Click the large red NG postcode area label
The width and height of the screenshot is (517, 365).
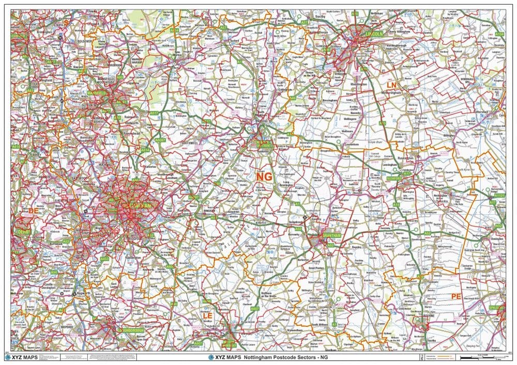coord(264,177)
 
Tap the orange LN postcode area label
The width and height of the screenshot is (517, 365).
coord(392,84)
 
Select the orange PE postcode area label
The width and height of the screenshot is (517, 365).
coord(455,296)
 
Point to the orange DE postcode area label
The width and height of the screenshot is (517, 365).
coord(34,211)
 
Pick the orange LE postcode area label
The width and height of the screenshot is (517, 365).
coord(208,315)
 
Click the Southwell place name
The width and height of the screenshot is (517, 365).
coord(174,142)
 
